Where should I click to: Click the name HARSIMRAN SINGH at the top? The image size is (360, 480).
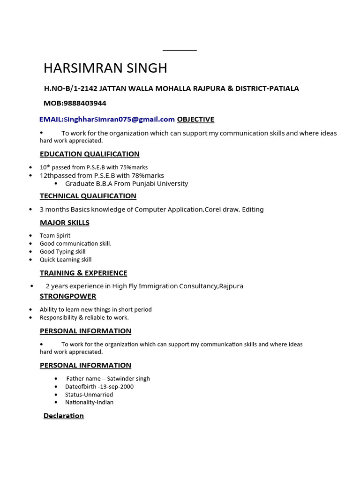(105, 68)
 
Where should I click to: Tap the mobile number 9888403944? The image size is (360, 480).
(84, 103)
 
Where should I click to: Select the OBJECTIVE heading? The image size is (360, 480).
(195, 120)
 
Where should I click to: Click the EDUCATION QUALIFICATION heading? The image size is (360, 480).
(90, 154)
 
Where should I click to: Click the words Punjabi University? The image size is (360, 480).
(161, 183)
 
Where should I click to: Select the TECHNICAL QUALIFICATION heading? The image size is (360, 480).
(88, 196)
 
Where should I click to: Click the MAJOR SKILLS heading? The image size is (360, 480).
(65, 223)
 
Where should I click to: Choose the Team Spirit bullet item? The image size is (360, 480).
(55, 236)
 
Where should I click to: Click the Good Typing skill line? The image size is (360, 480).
(63, 252)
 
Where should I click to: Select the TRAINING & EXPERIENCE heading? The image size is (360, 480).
(83, 273)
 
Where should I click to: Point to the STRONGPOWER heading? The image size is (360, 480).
(68, 296)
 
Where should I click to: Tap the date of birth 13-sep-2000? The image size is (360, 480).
(117, 387)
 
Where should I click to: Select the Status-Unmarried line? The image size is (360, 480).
(89, 395)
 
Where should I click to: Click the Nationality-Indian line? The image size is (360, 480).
(89, 402)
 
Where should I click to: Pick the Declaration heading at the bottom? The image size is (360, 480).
(64, 416)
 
